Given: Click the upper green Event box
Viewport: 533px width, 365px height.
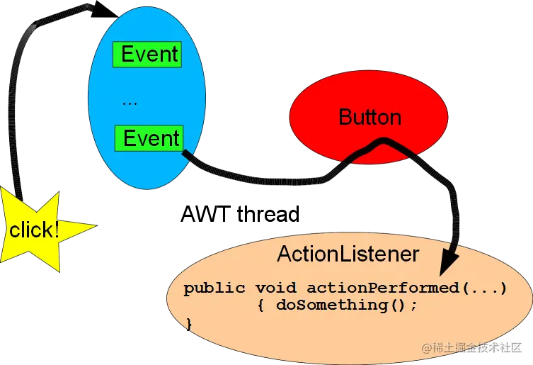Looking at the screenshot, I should (147, 55).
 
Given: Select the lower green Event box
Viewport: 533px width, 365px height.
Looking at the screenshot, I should (149, 138).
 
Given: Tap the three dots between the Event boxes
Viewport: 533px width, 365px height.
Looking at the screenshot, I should (130, 103).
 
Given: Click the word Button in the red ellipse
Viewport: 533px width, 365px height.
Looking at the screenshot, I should (369, 117).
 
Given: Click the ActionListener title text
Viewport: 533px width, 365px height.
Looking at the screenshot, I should (348, 254).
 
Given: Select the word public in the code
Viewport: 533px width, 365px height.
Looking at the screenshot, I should (213, 288).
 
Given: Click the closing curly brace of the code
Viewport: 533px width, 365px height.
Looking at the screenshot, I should (189, 322).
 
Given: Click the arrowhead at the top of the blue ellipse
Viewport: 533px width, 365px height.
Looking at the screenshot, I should (106, 8).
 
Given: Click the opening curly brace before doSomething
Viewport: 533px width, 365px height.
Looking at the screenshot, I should (263, 305).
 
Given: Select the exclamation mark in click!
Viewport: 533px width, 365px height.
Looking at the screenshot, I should (55, 229).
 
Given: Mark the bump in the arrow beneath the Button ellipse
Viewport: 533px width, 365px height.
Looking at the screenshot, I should (382, 142).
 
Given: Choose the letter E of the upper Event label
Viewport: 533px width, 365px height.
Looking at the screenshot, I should (127, 55).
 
